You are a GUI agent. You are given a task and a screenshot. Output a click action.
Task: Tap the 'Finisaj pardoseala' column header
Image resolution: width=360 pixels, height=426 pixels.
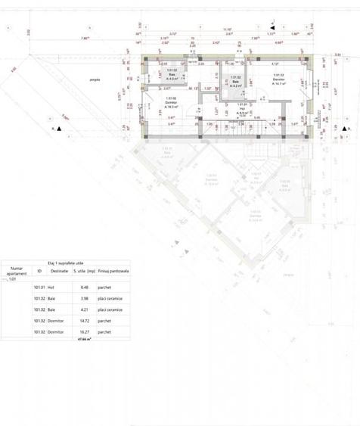113,270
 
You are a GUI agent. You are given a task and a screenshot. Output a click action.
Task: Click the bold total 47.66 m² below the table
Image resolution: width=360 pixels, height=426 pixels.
83,340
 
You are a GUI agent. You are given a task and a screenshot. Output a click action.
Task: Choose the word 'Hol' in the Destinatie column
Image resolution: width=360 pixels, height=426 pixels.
51,288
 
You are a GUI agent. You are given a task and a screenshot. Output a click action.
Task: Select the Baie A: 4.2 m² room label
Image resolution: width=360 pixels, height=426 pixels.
235,82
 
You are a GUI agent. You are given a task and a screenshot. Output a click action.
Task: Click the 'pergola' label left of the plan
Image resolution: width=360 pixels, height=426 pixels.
95,79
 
